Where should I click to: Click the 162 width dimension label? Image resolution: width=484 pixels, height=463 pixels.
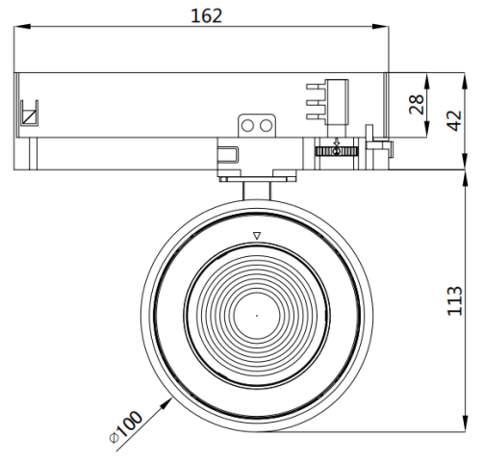(x=206, y=15)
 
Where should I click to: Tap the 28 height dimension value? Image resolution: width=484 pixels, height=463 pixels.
(x=417, y=104)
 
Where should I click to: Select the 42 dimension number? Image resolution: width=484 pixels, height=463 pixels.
(x=454, y=120)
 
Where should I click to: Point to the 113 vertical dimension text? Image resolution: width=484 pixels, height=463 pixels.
(x=454, y=300)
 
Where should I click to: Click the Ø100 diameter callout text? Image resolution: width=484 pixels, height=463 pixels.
(x=126, y=427)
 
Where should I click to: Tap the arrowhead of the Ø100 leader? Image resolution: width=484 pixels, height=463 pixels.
(x=166, y=403)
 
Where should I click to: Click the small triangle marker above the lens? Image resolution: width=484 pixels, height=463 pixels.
(x=257, y=236)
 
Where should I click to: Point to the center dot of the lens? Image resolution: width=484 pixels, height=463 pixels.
(x=257, y=316)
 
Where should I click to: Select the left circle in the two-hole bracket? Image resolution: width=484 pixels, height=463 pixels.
(x=247, y=126)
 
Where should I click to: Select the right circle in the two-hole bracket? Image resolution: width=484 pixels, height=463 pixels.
(x=266, y=126)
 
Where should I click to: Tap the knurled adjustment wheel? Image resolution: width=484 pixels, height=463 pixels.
(x=336, y=151)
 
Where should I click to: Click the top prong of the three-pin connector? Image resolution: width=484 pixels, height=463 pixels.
(x=316, y=87)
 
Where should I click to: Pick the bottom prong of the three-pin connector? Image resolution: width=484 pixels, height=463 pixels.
(x=316, y=116)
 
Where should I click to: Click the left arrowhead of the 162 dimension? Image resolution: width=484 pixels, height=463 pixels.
(x=22, y=27)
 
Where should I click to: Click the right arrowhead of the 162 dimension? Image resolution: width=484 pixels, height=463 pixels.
(x=380, y=27)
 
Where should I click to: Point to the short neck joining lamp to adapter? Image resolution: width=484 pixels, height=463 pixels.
(x=257, y=191)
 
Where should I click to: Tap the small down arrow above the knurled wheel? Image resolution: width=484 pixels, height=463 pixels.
(x=337, y=141)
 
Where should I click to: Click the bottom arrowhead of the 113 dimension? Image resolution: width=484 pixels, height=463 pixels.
(x=465, y=424)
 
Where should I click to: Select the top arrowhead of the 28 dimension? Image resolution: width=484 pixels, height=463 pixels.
(x=427, y=81)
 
